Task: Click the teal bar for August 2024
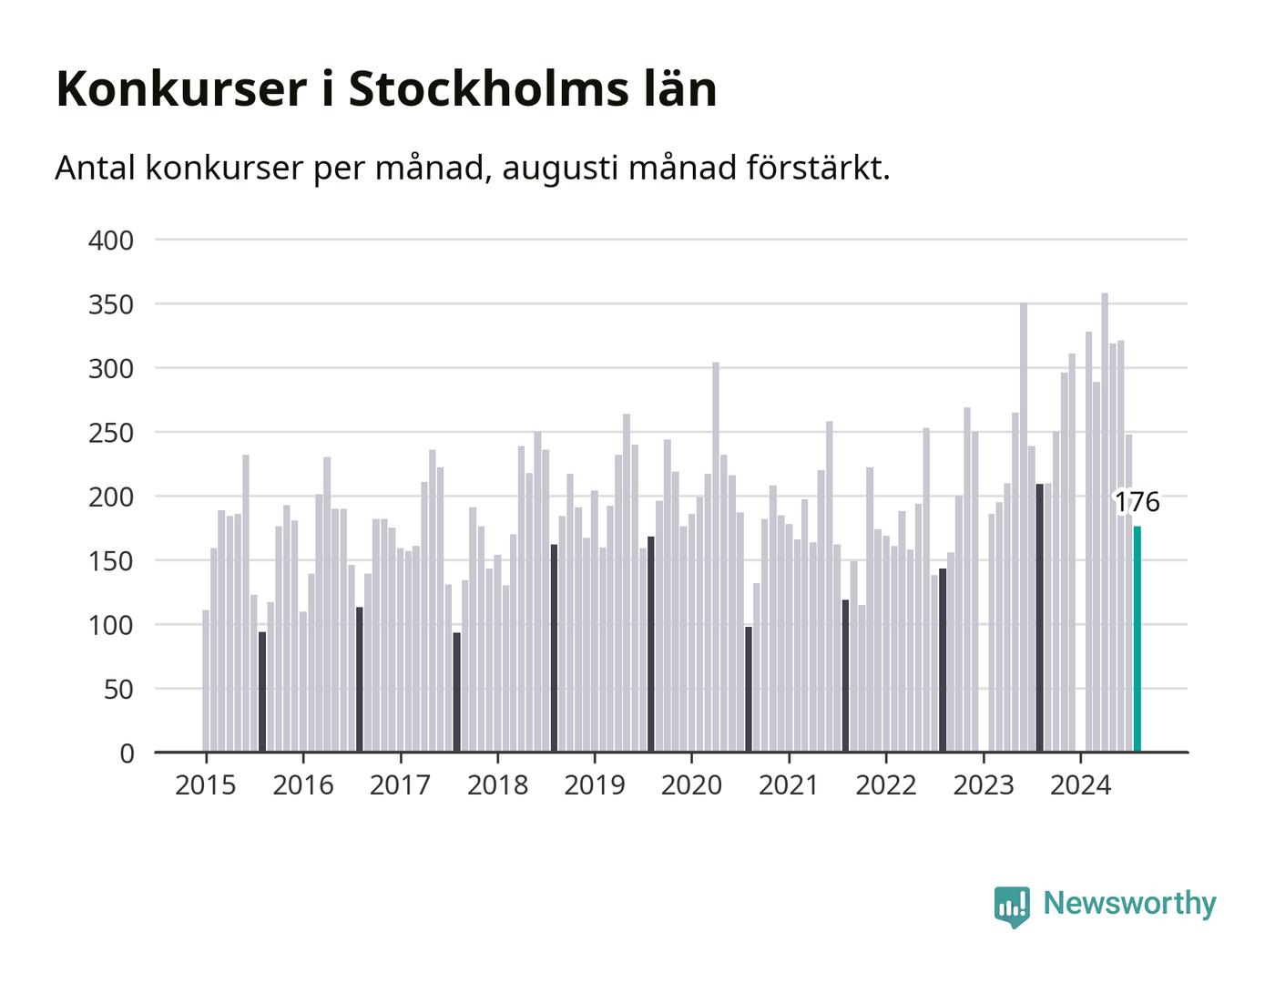pyautogui.click(x=1137, y=639)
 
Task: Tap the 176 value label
pyautogui.click(x=1137, y=502)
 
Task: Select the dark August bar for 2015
pyautogui.click(x=262, y=692)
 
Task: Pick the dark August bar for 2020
pyautogui.click(x=748, y=689)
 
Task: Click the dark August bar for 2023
pyautogui.click(x=1039, y=617)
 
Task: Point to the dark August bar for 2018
pyautogui.click(x=554, y=648)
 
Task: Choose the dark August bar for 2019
pyautogui.click(x=650, y=643)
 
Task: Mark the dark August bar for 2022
pyautogui.click(x=943, y=660)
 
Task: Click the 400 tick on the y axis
pyautogui.click(x=111, y=241)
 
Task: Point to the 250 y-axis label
pyautogui.click(x=111, y=433)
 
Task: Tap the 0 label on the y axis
pyautogui.click(x=127, y=753)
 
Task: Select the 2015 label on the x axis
pyautogui.click(x=205, y=785)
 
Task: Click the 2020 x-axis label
pyautogui.click(x=691, y=785)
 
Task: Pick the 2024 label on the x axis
pyautogui.click(x=1080, y=785)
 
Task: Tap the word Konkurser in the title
pyautogui.click(x=181, y=89)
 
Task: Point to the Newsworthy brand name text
pyautogui.click(x=1129, y=904)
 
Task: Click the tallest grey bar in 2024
pyautogui.click(x=1105, y=522)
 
